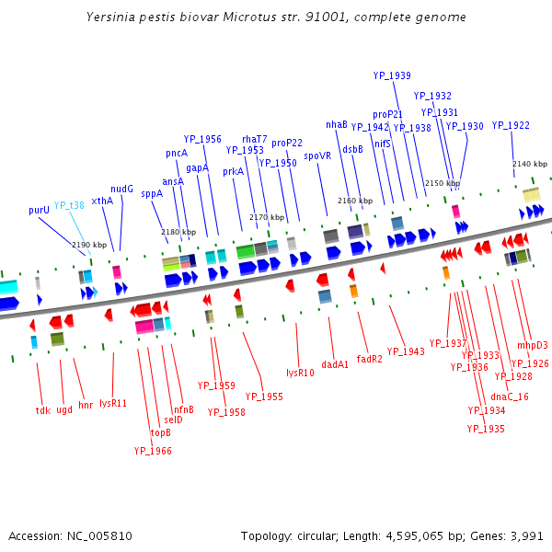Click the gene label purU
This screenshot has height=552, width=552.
click(39, 210)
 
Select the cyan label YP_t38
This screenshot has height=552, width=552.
click(69, 205)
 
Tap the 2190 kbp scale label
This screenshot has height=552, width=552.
click(89, 245)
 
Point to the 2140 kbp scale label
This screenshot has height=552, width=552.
click(529, 164)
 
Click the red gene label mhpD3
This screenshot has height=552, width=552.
click(532, 345)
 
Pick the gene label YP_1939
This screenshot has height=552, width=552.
click(392, 75)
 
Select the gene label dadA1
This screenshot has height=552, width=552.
click(335, 364)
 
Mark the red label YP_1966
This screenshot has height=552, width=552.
click(153, 451)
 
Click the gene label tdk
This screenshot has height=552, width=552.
click(42, 410)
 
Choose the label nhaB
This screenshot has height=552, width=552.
click(336, 124)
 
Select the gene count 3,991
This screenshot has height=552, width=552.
click(527, 535)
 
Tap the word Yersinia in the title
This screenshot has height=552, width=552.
click(111, 17)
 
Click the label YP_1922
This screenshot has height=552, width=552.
click(511, 125)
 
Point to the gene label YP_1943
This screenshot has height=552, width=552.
click(406, 351)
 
